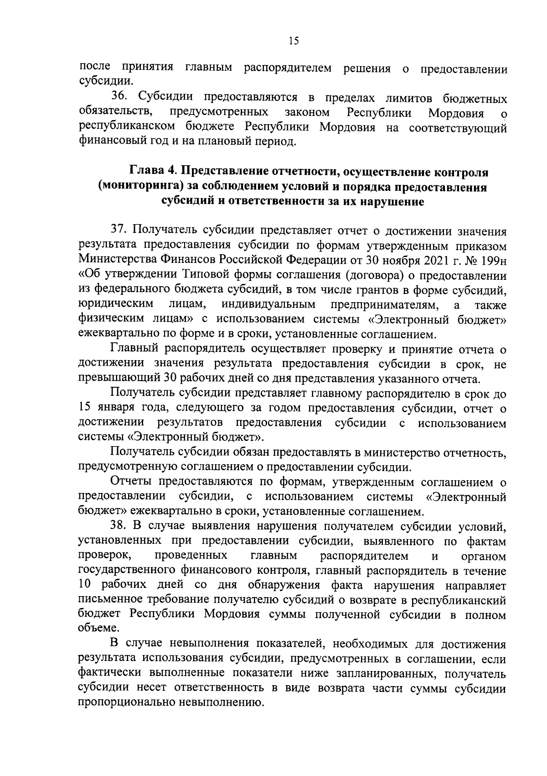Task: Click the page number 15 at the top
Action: [293, 41]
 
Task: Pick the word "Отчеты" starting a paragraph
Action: [133, 482]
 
